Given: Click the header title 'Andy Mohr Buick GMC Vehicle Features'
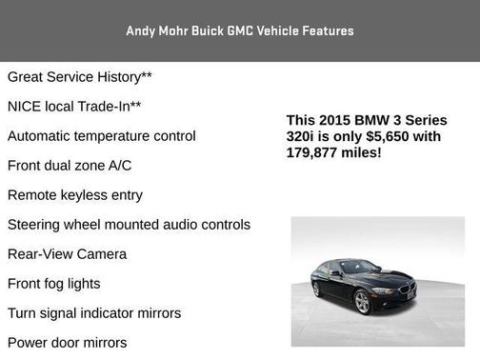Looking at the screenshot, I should coord(239,30).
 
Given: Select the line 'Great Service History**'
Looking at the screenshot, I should coord(80,76).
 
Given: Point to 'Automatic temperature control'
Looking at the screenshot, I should coord(102,135).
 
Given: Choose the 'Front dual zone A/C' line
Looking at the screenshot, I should coord(70,165).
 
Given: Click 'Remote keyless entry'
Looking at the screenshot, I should coord(75,194).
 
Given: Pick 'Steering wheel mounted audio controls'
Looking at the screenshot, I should coord(129,225).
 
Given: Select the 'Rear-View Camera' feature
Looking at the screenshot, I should coord(67,254).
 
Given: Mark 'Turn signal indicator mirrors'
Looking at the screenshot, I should coord(94,313).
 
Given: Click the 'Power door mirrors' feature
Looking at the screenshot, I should coord(67,343).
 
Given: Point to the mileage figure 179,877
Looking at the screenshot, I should coord(315,152).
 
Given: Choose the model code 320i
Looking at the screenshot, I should coord(305,136).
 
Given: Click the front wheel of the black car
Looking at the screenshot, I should coord(362,302).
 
